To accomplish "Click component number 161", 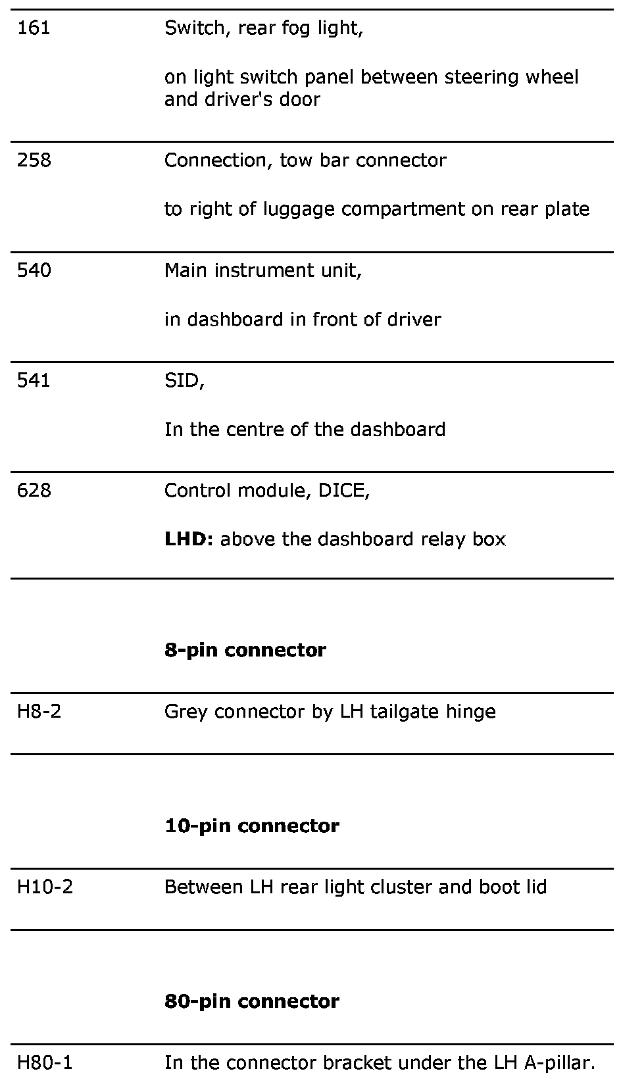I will (x=34, y=28).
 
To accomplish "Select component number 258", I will (x=34, y=161).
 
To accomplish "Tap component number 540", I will (x=34, y=270).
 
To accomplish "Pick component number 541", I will (x=34, y=380).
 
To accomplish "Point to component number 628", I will (x=34, y=490).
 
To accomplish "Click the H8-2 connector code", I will (x=39, y=711).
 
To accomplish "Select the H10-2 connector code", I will (x=45, y=887).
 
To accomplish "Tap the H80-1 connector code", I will (x=45, y=1062).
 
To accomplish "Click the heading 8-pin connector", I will (x=245, y=650).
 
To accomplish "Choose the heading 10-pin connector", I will (x=251, y=826).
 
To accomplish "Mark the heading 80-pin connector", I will (x=251, y=1001).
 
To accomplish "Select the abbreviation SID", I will (x=182, y=380).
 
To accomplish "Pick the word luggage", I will (x=299, y=210).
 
